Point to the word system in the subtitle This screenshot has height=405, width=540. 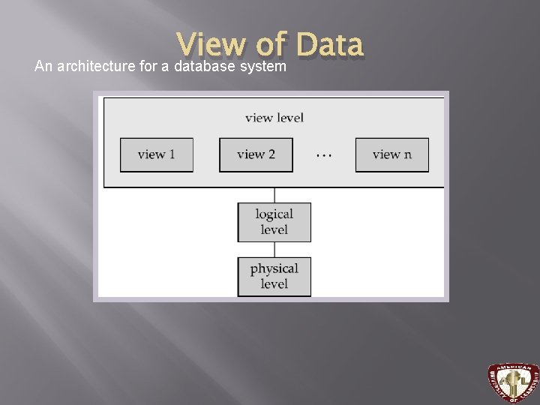[x=262, y=67]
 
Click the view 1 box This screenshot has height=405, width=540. [x=156, y=154]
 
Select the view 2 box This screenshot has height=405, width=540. [x=256, y=154]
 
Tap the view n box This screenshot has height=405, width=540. [x=391, y=154]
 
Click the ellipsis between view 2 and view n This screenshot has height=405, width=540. [x=323, y=155]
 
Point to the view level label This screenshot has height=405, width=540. [x=274, y=118]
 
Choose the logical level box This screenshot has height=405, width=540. [x=274, y=222]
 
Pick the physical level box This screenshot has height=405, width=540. [x=274, y=276]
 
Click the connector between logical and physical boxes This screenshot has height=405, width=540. [x=274, y=249]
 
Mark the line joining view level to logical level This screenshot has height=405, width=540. [x=274, y=194]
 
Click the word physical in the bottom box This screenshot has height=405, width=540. [x=274, y=268]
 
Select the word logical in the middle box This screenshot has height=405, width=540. [x=274, y=214]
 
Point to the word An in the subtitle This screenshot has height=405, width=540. [x=43, y=67]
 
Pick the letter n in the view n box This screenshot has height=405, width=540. [x=407, y=154]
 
